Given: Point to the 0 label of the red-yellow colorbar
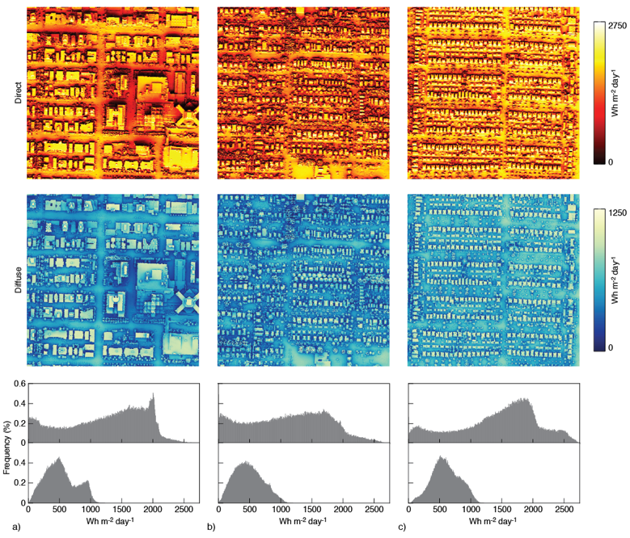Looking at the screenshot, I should (x=610, y=162).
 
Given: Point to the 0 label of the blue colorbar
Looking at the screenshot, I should (x=610, y=347).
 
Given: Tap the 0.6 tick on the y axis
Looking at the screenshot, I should (x=19, y=384).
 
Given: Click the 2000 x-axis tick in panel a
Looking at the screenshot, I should (x=153, y=511).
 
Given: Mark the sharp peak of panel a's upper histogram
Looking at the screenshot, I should (x=153, y=395).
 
